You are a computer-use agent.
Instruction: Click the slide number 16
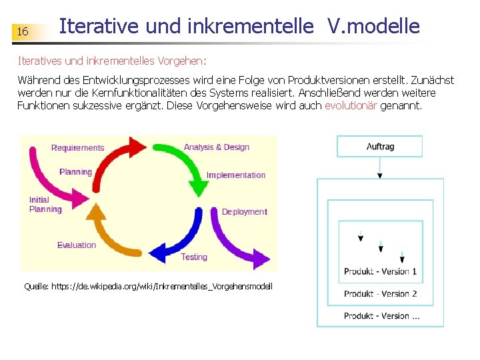[23, 32]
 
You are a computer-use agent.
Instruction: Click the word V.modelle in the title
[373, 26]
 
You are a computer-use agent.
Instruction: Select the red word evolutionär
[351, 106]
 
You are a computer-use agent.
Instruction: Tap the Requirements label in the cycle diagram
[78, 148]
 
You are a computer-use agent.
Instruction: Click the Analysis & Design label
[217, 147]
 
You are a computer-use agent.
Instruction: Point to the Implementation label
[236, 175]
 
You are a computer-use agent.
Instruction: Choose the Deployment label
[245, 212]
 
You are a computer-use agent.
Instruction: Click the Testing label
[194, 257]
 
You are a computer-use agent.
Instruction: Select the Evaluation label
[77, 245]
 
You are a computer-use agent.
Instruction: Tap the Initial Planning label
[45, 205]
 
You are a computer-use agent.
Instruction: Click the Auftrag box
[380, 147]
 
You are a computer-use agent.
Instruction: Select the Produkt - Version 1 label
[381, 271]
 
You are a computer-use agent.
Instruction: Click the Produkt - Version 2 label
[381, 294]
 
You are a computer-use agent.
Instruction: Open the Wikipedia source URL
[148, 286]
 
